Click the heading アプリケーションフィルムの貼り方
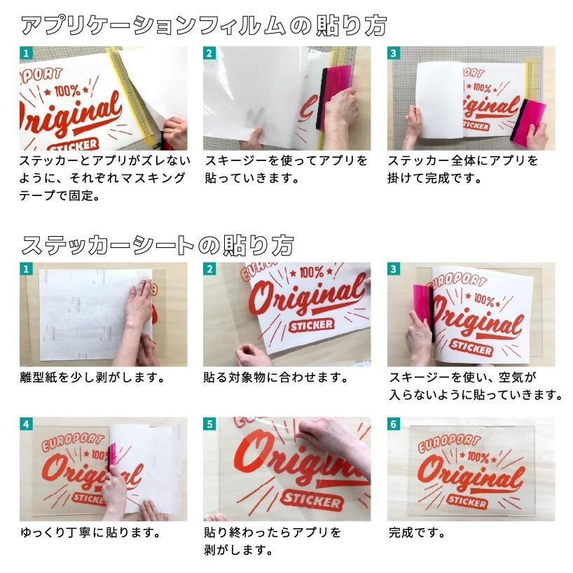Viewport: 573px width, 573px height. [203, 26]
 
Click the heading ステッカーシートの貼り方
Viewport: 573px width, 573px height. [157, 244]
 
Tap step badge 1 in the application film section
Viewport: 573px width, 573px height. [26, 53]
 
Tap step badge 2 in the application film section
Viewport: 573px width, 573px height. [209, 53]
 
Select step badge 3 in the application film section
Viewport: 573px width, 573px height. [394, 53]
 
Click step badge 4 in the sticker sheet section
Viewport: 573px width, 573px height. [26, 424]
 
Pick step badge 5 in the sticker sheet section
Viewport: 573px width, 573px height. [209, 424]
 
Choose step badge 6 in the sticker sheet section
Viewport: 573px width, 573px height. [394, 424]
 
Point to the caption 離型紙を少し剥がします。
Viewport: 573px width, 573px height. [92, 378]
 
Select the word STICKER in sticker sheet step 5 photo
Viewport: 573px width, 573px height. [312, 502]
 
